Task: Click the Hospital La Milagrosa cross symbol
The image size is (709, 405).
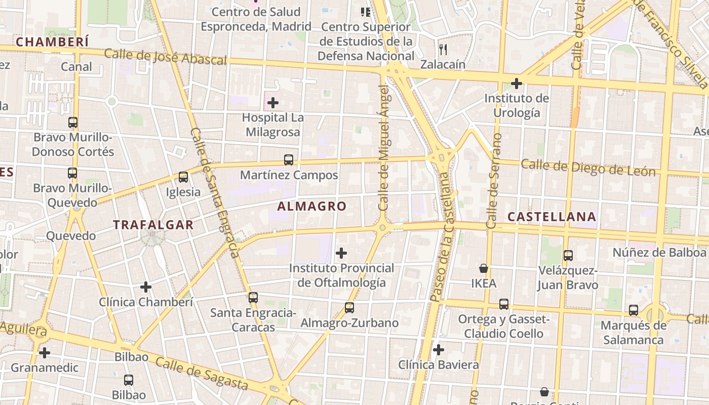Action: pyautogui.click(x=273, y=103)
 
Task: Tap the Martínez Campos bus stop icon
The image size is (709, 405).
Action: pyautogui.click(x=289, y=160)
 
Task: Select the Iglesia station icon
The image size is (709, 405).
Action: pyautogui.click(x=183, y=177)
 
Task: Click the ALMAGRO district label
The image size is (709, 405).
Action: pyautogui.click(x=312, y=207)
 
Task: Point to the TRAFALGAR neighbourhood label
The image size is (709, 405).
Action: pyautogui.click(x=153, y=225)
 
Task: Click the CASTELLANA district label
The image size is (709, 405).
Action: pyautogui.click(x=552, y=217)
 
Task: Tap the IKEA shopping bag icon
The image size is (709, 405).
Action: pyautogui.click(x=484, y=268)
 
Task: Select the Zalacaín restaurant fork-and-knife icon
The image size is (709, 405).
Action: pyautogui.click(x=443, y=49)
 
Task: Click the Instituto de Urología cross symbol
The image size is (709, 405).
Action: pyautogui.click(x=517, y=83)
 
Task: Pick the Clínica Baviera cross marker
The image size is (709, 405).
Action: pyautogui.click(x=439, y=349)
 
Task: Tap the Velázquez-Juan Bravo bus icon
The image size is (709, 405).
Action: pyautogui.click(x=568, y=256)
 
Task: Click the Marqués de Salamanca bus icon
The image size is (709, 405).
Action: pyautogui.click(x=634, y=310)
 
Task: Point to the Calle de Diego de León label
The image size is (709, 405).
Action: pyautogui.click(x=588, y=168)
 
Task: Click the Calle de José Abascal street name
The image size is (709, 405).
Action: pyautogui.click(x=165, y=57)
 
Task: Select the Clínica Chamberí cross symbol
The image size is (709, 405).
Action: pyautogui.click(x=146, y=287)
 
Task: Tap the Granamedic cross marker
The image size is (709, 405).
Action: pyautogui.click(x=45, y=352)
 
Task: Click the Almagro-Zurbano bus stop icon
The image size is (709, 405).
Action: pyautogui.click(x=349, y=307)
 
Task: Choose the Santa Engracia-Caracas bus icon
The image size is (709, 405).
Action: pyautogui.click(x=253, y=298)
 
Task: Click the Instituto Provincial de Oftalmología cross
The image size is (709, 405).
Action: pyautogui.click(x=342, y=253)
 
